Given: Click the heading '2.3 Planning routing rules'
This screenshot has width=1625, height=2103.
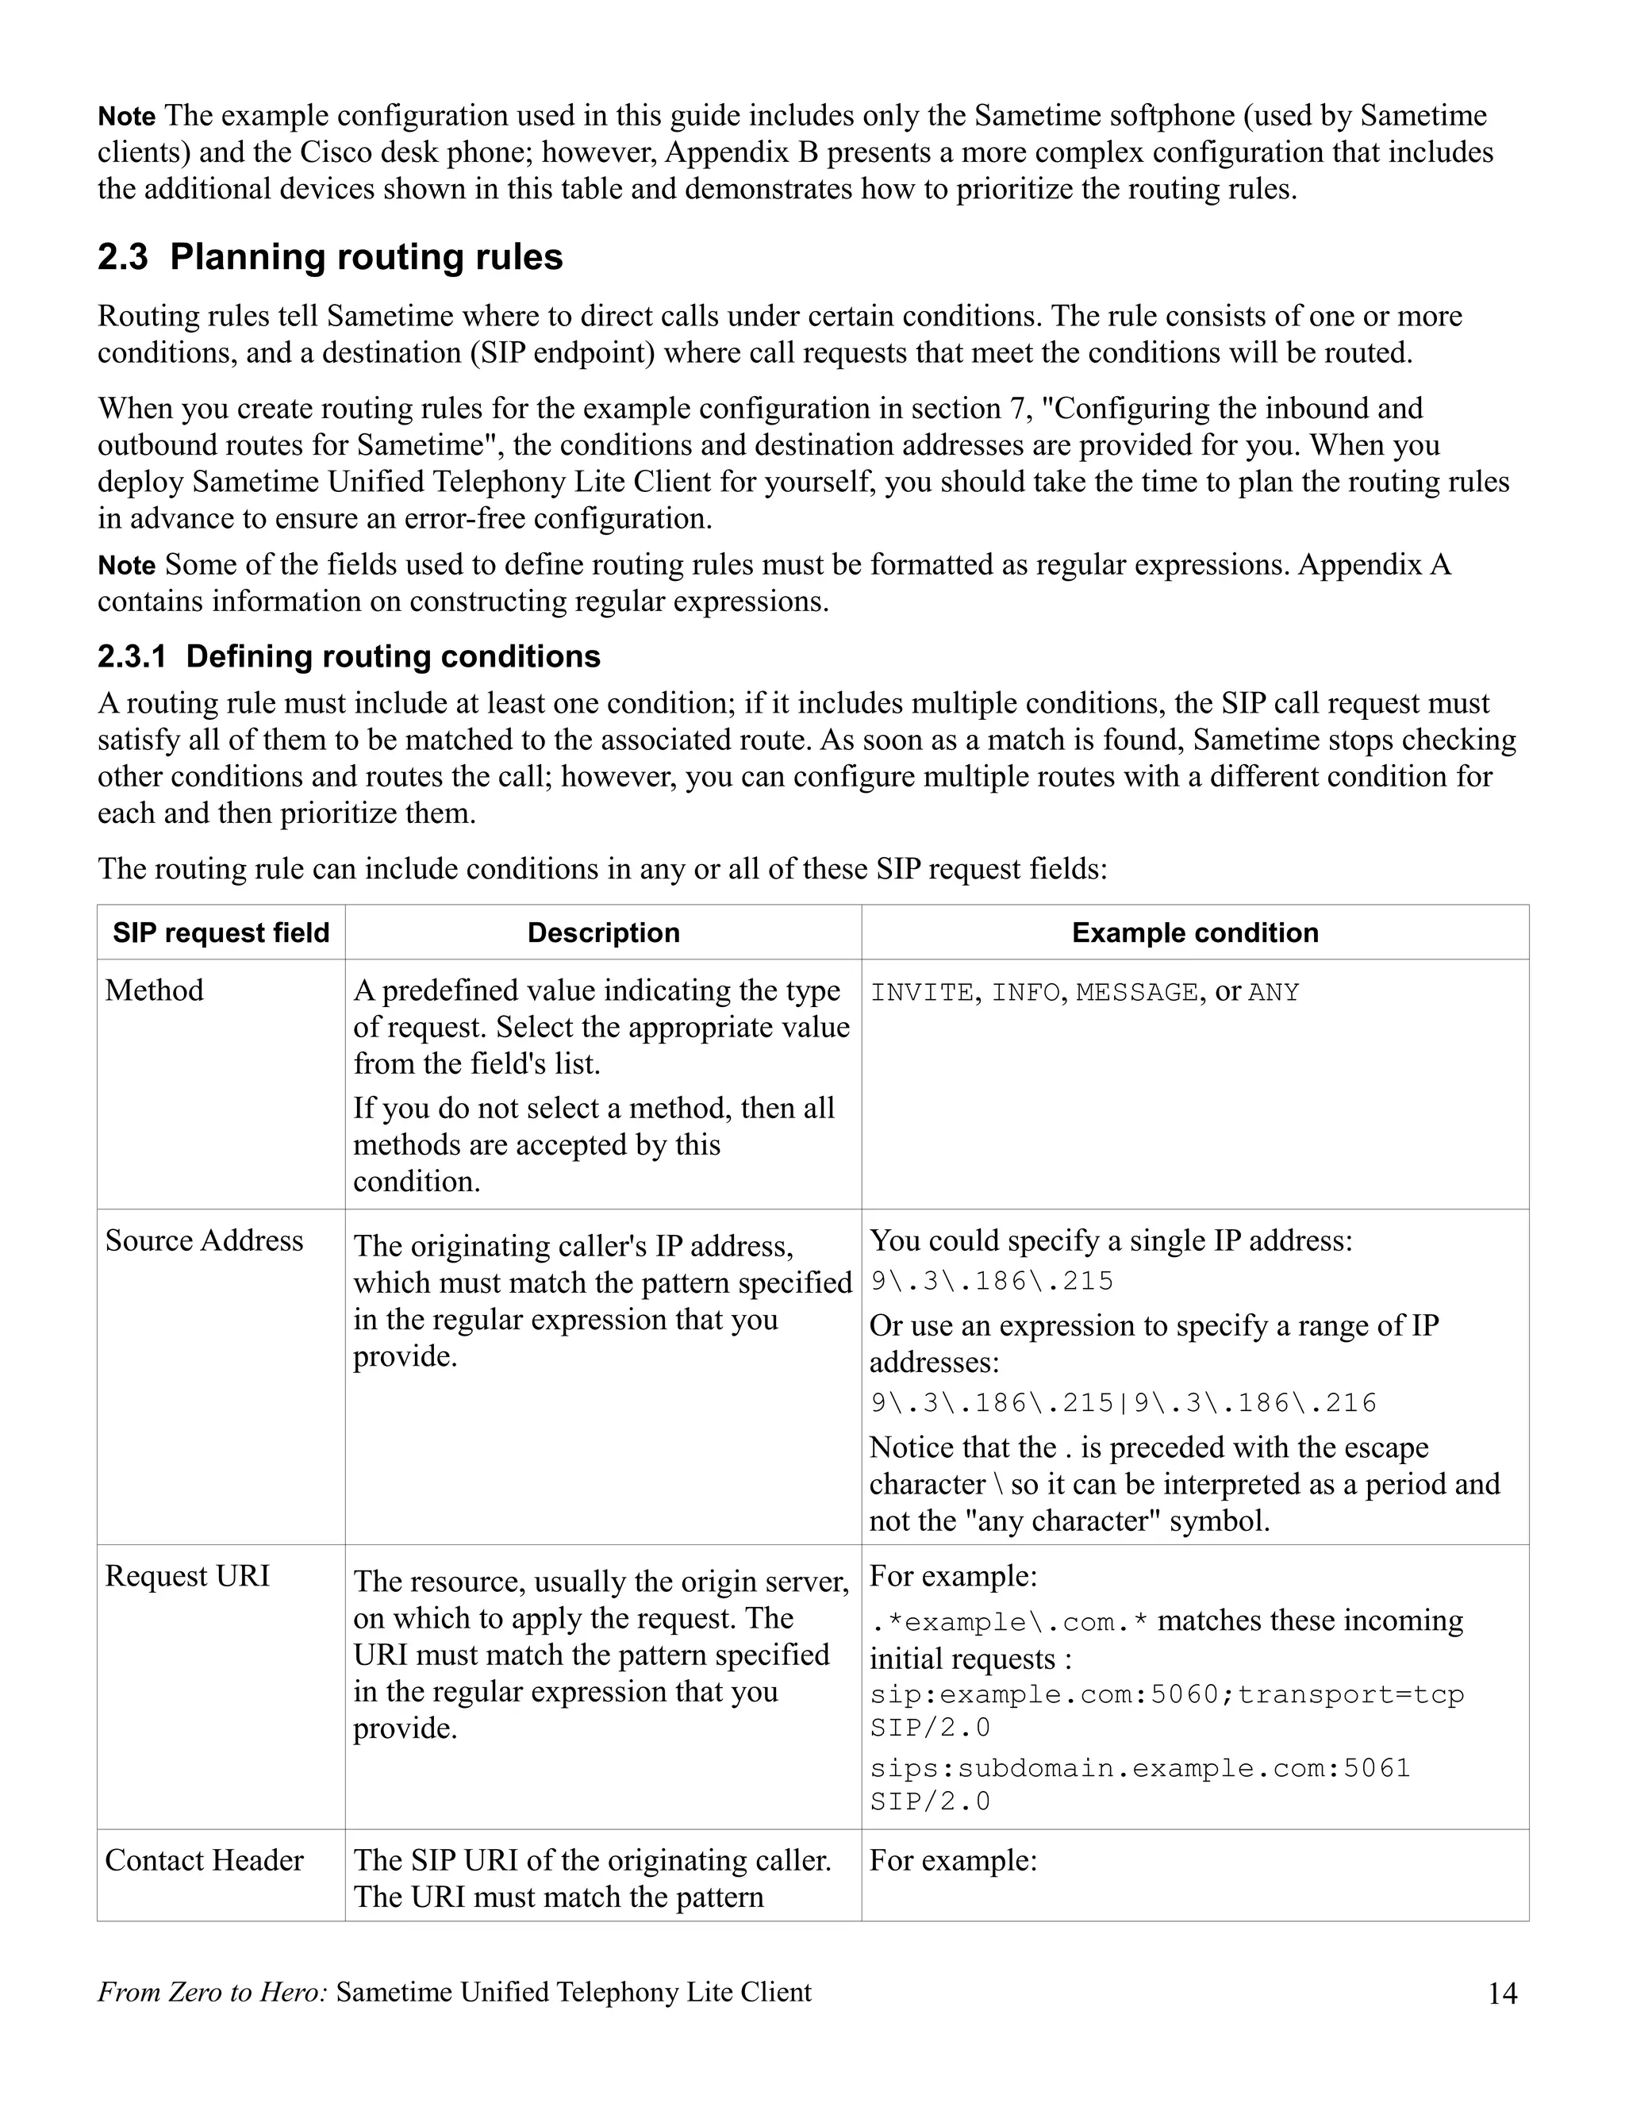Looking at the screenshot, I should [x=329, y=257].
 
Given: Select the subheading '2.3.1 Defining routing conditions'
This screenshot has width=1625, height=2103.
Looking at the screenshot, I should [x=348, y=657].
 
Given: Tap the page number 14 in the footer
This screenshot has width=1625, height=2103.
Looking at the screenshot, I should [x=1502, y=1993].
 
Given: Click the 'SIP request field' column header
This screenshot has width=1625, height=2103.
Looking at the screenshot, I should [x=221, y=932].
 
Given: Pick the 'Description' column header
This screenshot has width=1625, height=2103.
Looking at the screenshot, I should [x=603, y=932].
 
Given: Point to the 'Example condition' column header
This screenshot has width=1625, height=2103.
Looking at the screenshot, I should [x=1195, y=932].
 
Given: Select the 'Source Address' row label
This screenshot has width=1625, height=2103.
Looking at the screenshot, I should [x=204, y=1240].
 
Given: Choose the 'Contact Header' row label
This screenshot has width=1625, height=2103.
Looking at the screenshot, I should [x=204, y=1860].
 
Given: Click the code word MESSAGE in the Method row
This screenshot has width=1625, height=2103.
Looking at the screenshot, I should [x=1136, y=993].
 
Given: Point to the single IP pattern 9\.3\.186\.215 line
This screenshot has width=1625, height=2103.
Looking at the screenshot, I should [x=992, y=1282].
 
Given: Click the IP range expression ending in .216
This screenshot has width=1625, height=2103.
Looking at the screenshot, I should [x=1124, y=1403].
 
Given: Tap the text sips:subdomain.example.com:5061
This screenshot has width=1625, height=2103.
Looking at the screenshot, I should [x=1140, y=1769].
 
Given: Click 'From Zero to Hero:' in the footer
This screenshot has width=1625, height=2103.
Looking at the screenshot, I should [x=212, y=1992].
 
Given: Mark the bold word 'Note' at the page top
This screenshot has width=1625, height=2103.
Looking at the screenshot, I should [x=126, y=117].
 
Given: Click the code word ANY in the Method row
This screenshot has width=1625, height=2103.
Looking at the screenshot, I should [x=1273, y=993].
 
